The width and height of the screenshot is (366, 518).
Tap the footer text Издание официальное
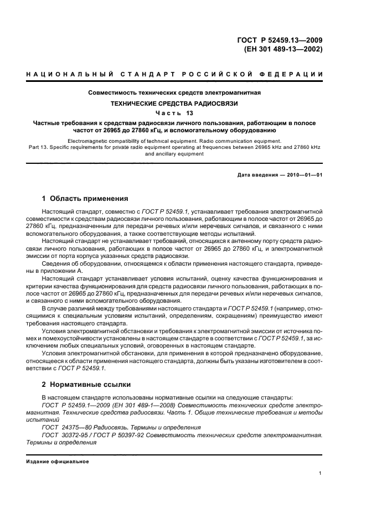coord(53,462)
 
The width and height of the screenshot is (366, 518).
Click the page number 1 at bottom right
coord(321,474)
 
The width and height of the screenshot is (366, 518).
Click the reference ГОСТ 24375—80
coord(65,428)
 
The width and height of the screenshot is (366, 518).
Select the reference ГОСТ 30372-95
coord(66,436)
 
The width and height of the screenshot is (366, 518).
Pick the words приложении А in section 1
coord(61,271)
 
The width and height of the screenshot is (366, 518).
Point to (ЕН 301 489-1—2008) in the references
coord(141,406)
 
